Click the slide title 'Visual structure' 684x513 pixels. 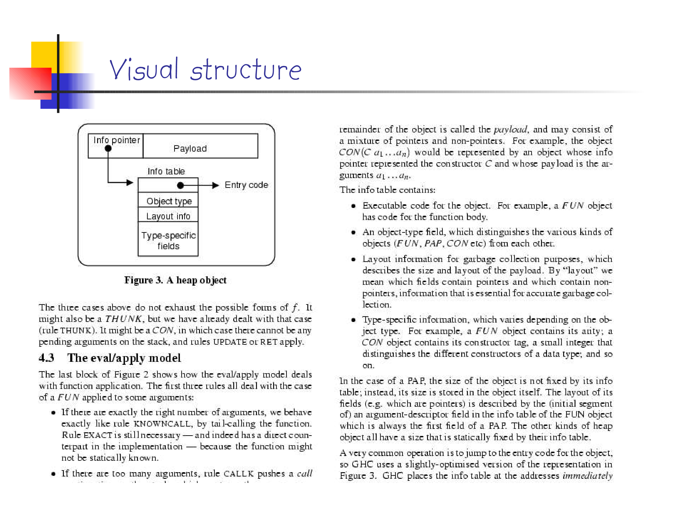pyautogui.click(x=205, y=69)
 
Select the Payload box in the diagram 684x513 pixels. pyautogui.click(x=200, y=146)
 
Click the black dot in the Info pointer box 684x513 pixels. pyautogui.click(x=108, y=148)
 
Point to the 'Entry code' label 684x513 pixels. pyautogui.click(x=246, y=185)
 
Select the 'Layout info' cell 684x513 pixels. pyautogui.click(x=168, y=216)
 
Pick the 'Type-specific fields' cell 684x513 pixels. pyautogui.click(x=168, y=240)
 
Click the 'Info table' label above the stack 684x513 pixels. pyautogui.click(x=166, y=171)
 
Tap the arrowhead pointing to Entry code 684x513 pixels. pyautogui.click(x=215, y=185)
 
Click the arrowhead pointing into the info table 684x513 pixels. pyautogui.click(x=130, y=182)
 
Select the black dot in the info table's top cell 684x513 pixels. pyautogui.click(x=180, y=185)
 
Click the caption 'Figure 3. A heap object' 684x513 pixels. pyautogui.click(x=175, y=280)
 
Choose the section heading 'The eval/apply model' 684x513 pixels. pyautogui.click(x=124, y=358)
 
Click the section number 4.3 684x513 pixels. pyautogui.click(x=46, y=358)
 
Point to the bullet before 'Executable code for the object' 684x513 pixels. pyautogui.click(x=353, y=206)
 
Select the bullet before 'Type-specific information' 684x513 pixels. pyautogui.click(x=353, y=320)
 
